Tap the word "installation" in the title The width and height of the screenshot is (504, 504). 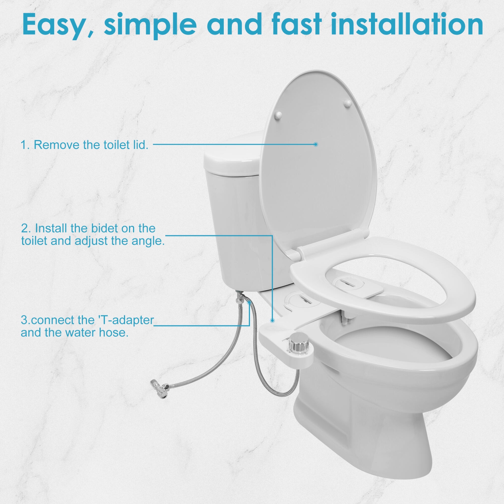tap(407, 24)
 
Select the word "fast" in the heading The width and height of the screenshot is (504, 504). tap(296, 24)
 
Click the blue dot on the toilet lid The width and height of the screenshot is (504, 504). tap(316, 144)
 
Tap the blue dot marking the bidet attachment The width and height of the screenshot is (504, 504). tap(272, 321)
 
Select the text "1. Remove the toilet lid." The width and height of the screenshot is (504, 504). tap(84, 145)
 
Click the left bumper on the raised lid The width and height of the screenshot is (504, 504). tap(278, 115)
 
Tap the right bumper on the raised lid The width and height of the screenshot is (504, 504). tap(348, 103)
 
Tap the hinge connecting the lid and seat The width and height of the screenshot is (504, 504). tap(331, 242)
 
